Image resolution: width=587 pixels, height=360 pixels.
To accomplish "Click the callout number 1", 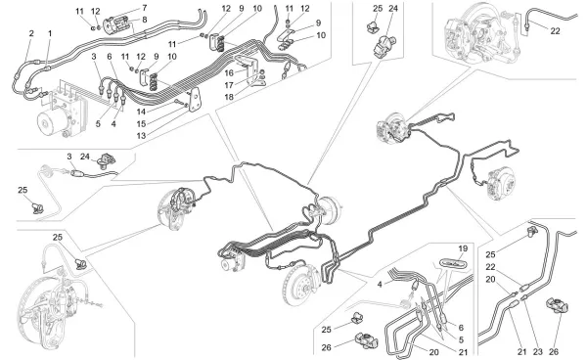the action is pyautogui.click(x=50, y=33).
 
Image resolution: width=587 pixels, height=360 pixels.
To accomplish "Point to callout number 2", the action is pyautogui.click(x=31, y=33).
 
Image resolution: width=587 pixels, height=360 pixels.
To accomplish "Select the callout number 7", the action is pyautogui.click(x=145, y=8).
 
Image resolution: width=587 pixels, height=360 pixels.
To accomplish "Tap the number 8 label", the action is pyautogui.click(x=145, y=20).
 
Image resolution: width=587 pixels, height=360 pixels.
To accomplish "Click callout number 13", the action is pyautogui.click(x=141, y=135).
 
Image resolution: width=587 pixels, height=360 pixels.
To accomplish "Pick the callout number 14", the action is pyautogui.click(x=141, y=112).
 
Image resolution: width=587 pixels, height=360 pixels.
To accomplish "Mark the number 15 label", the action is pyautogui.click(x=141, y=123).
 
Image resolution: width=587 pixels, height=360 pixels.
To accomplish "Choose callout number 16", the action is pyautogui.click(x=229, y=72).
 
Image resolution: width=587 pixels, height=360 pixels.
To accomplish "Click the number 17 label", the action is pyautogui.click(x=229, y=85).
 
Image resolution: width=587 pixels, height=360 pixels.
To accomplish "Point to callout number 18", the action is pyautogui.click(x=229, y=97).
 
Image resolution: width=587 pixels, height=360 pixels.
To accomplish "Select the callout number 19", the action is pyautogui.click(x=463, y=248).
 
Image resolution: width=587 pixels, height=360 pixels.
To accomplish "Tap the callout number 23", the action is pyautogui.click(x=537, y=352).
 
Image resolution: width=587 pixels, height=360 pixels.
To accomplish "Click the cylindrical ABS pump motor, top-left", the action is pyautogui.click(x=53, y=122).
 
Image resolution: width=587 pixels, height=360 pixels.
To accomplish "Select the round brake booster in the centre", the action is pyautogui.click(x=331, y=210).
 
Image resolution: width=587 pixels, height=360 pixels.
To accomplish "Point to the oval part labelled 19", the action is pyautogui.click(x=453, y=263).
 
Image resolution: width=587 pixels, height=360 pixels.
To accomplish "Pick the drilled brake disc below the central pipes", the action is pyautogui.click(x=299, y=285).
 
